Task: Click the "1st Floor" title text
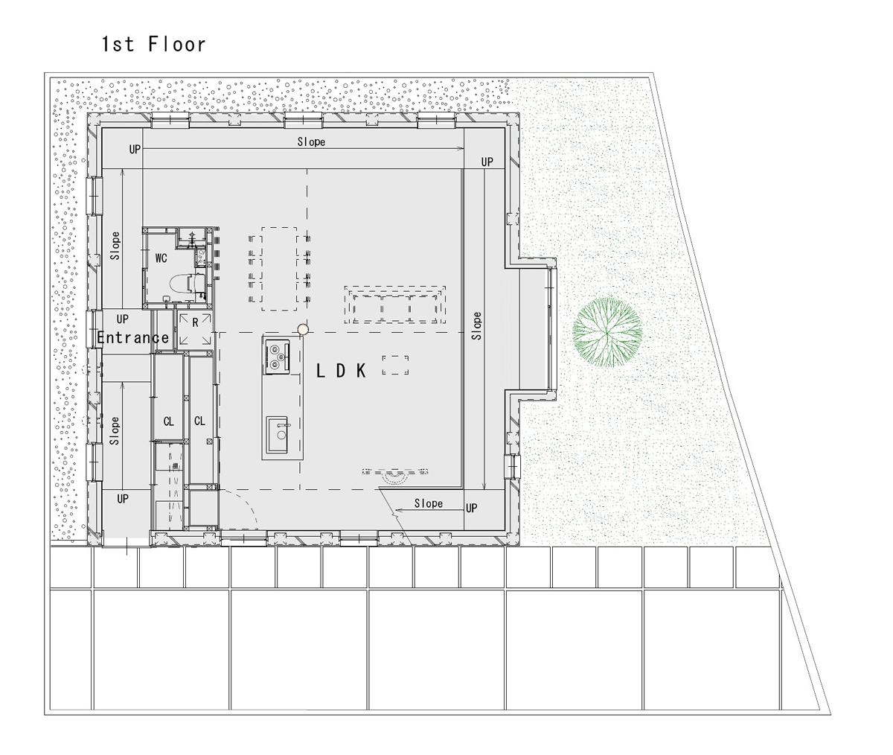[x=153, y=45]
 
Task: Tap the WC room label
[x=161, y=258]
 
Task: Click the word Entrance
[x=133, y=338]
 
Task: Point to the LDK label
[x=341, y=371]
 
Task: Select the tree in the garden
[x=607, y=332]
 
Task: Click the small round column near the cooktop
[x=302, y=329]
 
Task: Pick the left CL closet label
[x=168, y=421]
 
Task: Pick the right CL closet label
[x=199, y=421]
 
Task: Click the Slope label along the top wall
[x=311, y=141]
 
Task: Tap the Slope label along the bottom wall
[x=428, y=504]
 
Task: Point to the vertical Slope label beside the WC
[x=115, y=246]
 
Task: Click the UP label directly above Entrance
[x=122, y=319]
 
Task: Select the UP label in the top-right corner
[x=487, y=162]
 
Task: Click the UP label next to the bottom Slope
[x=471, y=509]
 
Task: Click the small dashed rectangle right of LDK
[x=395, y=366]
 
